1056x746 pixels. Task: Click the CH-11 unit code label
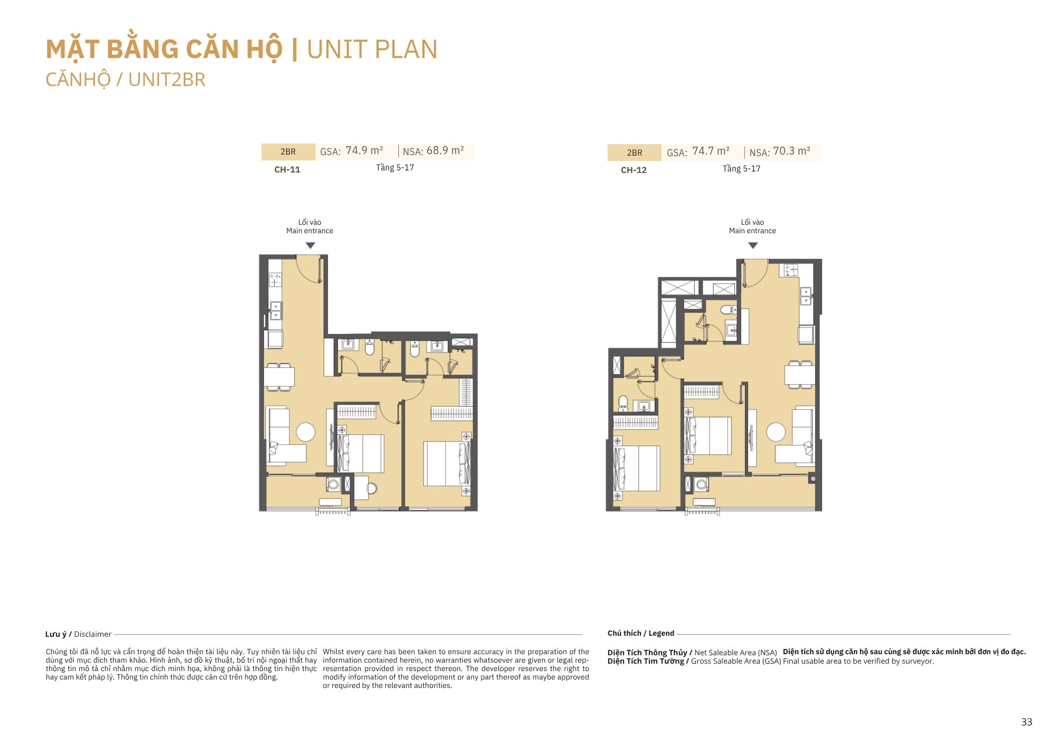coord(287,169)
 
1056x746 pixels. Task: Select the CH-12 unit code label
coord(634,170)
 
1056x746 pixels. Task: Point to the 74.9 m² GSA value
coord(364,150)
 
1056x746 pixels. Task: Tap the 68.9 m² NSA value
coord(445,150)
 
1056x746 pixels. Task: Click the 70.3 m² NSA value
coord(791,151)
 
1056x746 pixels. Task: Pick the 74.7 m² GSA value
coord(711,151)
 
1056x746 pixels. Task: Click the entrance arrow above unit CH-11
coord(310,245)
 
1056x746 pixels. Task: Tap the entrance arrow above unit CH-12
coord(753,245)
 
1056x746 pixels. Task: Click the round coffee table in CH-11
coord(306,432)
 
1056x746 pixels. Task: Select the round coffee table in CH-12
coord(776,432)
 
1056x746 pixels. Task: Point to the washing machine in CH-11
coord(333,484)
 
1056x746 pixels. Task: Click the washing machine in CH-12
coord(701,484)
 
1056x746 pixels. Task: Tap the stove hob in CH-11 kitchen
coord(275,280)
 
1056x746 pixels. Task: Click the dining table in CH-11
coord(279,377)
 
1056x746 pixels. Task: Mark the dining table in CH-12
coord(800,375)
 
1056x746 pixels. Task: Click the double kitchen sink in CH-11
coord(276,311)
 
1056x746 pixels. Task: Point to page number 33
coord(1026,722)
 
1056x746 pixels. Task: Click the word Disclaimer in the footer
coord(92,634)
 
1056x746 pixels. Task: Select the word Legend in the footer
coord(661,633)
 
